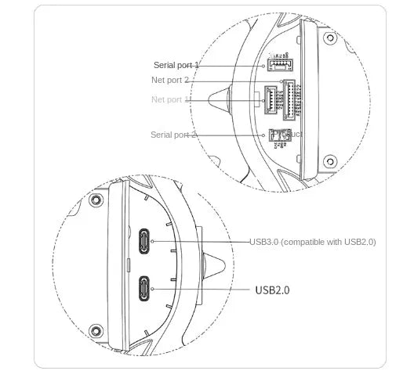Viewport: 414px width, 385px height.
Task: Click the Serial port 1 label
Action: pos(176,65)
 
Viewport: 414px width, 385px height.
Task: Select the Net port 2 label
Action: pos(170,80)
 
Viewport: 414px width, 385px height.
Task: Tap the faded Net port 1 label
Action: pos(170,99)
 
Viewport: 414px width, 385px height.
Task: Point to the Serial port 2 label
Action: pos(173,135)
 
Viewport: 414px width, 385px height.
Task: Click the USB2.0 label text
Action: pos(272,290)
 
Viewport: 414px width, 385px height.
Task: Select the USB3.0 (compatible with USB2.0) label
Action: pos(312,242)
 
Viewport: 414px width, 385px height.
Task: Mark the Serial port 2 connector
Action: pos(278,135)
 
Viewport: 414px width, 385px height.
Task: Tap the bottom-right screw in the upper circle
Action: pos(330,162)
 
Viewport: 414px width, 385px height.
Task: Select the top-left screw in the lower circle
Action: pos(96,200)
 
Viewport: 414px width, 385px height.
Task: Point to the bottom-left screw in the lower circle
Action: pos(96,329)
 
